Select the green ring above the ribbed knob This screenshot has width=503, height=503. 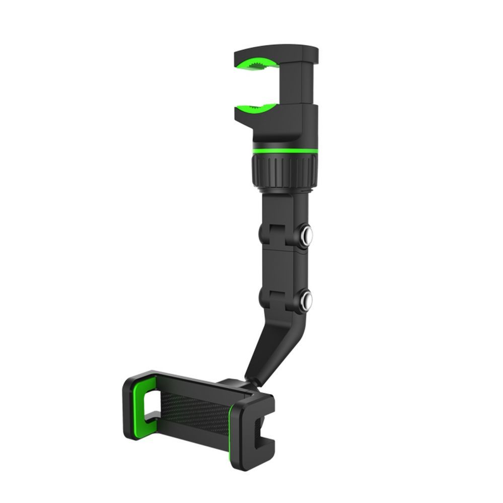[283, 151]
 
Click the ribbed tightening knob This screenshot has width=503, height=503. [283, 172]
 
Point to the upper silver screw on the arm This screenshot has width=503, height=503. [306, 234]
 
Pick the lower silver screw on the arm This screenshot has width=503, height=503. [306, 301]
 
